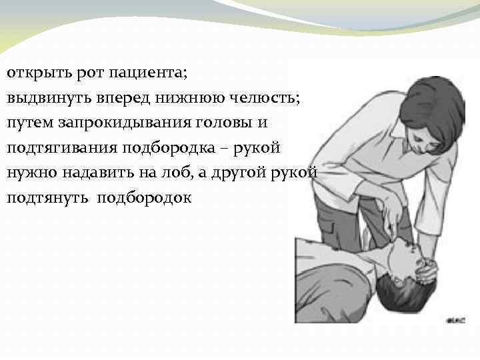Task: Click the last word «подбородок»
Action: (144, 198)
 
